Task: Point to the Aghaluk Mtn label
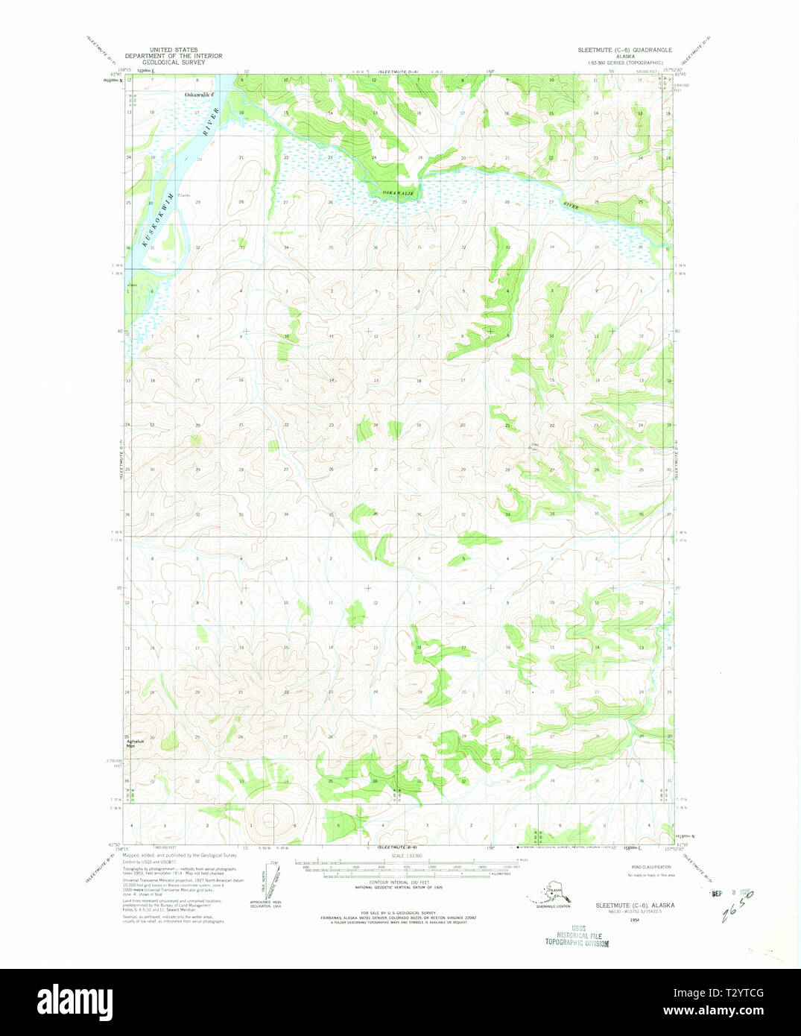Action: coord(134,742)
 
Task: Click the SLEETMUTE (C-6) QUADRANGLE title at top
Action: coord(624,50)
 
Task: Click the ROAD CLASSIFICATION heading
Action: coord(650,867)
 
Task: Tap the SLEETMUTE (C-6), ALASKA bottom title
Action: coord(635,905)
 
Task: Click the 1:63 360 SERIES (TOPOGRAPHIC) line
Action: coord(624,63)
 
